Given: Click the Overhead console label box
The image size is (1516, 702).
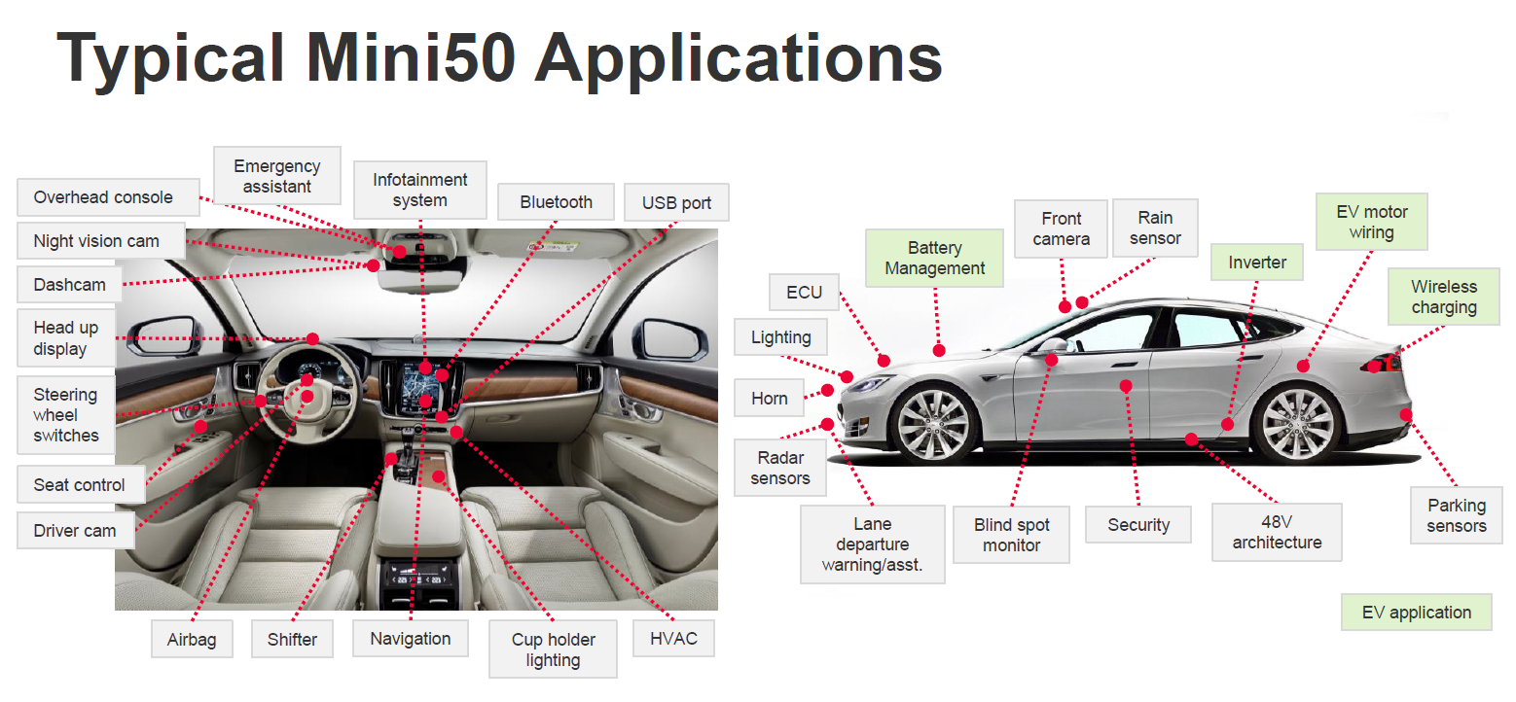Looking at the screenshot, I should click(103, 197).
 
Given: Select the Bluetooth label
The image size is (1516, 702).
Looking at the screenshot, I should click(556, 202).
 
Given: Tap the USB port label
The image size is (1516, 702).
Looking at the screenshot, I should click(676, 203).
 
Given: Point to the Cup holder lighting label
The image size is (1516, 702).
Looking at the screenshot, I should click(553, 649).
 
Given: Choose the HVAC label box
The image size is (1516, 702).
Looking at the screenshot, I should click(673, 639).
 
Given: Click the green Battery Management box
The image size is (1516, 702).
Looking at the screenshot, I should click(934, 259).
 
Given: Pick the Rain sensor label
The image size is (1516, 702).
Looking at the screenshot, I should click(1155, 228).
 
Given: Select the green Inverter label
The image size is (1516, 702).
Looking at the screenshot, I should click(1257, 263).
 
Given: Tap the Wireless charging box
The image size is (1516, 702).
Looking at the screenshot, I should click(1444, 297).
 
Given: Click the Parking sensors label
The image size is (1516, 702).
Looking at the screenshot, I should click(1457, 515).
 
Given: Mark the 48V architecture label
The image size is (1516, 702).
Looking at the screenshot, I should click(1277, 532).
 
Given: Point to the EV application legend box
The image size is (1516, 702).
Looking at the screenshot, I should click(1416, 613).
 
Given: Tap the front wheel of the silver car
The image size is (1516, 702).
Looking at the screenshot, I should click(932, 424).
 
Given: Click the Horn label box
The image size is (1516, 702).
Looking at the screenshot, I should click(769, 399).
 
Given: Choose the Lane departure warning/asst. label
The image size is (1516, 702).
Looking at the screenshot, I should click(872, 544).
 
